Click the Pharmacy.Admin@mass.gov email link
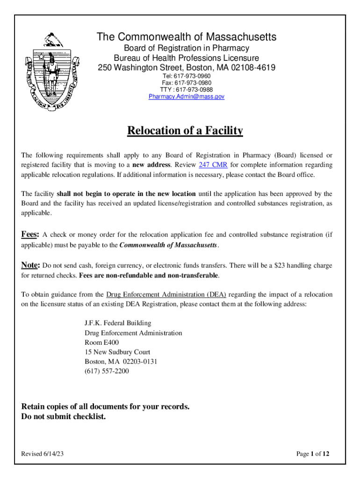(x=187, y=96)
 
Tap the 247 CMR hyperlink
(x=213, y=165)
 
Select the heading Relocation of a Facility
(x=185, y=131)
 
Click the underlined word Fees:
(x=30, y=234)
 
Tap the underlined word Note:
(x=31, y=265)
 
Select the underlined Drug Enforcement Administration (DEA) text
(x=166, y=295)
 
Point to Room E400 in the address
(x=98, y=342)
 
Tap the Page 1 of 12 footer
(x=313, y=454)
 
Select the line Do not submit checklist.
(x=64, y=416)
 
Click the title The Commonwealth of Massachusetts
(x=186, y=37)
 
